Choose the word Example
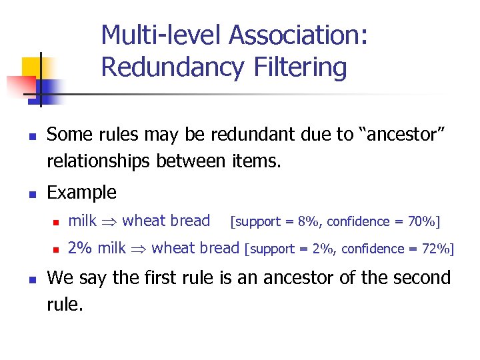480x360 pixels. coord(81,193)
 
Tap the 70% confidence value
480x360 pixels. coord(426,221)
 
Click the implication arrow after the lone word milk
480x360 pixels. coord(110,221)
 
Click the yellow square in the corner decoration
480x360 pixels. coord(32,67)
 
